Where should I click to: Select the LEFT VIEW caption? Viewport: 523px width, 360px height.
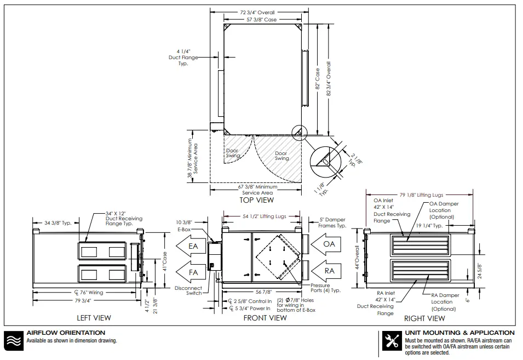(93, 318)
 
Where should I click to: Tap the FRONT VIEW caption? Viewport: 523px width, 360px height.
(266, 318)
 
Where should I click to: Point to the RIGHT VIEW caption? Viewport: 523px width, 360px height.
(424, 318)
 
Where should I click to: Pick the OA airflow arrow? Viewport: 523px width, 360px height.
(326, 243)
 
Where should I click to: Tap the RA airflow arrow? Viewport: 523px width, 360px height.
(326, 270)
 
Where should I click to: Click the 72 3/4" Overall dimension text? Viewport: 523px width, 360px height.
(257, 12)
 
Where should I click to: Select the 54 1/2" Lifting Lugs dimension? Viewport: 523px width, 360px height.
(264, 217)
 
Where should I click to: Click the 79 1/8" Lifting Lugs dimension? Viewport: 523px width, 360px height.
(421, 195)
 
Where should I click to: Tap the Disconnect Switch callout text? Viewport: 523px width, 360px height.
(188, 290)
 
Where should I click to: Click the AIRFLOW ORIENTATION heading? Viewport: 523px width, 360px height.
(66, 333)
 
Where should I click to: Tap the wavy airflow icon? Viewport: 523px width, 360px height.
(13, 340)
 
